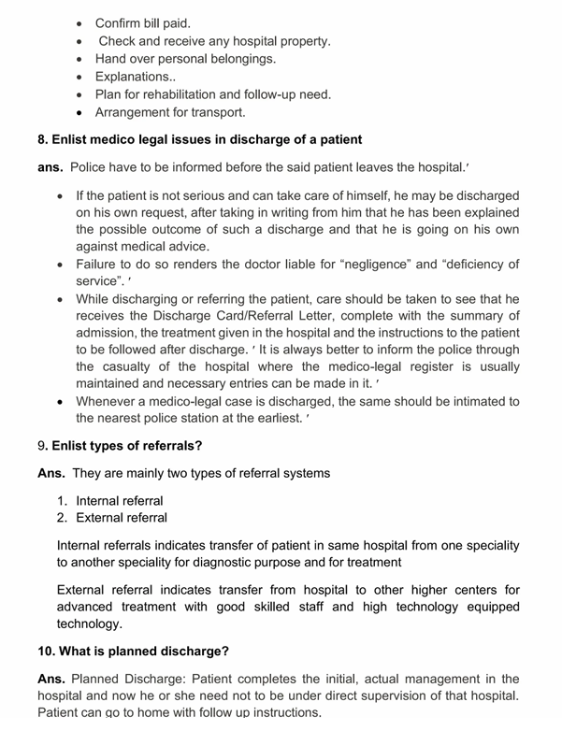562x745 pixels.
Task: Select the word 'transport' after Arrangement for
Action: [216, 113]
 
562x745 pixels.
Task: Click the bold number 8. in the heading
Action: [44, 140]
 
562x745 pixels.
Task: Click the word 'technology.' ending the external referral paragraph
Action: [89, 624]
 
